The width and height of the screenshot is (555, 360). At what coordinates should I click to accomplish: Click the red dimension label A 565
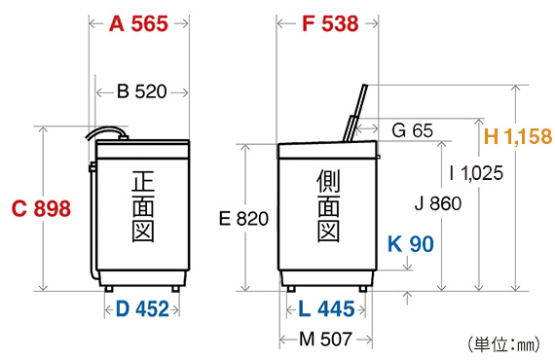[138, 24]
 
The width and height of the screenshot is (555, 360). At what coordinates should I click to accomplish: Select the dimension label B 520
[141, 91]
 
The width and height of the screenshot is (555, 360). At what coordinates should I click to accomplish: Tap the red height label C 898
[41, 208]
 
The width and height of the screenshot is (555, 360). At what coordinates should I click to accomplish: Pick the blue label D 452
[142, 309]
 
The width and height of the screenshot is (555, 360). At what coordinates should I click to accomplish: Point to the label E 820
[243, 219]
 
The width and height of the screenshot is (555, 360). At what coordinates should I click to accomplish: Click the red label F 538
[330, 24]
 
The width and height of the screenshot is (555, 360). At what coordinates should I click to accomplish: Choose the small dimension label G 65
[412, 130]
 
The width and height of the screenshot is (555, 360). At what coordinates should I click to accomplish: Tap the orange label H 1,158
[518, 136]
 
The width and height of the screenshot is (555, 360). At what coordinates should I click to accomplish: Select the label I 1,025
[476, 173]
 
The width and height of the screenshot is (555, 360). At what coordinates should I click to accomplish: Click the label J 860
[438, 203]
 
